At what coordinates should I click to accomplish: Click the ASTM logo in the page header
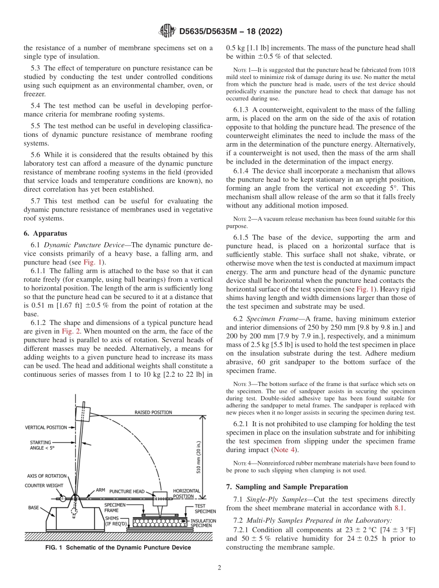[x=167, y=31]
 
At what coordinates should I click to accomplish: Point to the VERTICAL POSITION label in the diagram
[x=45, y=428]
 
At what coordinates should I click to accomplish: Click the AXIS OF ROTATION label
[x=46, y=476]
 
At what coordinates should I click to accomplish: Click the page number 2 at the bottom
[x=219, y=568]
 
